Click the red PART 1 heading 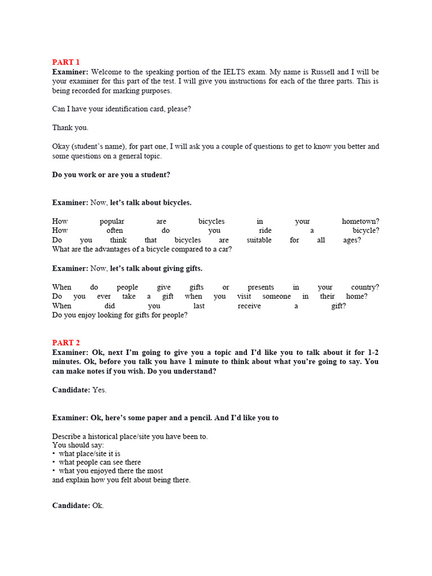point(66,62)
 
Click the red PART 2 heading point(66,343)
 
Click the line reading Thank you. point(70,128)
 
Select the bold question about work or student point(111,175)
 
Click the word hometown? point(360,222)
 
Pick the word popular point(112,222)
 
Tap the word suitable point(259,240)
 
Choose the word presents point(260,287)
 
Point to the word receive point(249,306)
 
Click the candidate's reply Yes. point(99,390)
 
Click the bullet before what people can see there point(54,462)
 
